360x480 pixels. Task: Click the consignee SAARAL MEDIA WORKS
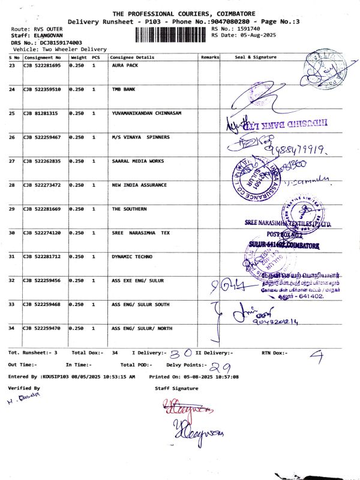[x=138, y=161]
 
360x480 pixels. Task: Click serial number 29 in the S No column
[x=12, y=209]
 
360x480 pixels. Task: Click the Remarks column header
[x=211, y=56]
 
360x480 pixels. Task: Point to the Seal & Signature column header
[x=256, y=56]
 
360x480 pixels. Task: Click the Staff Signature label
[x=176, y=389]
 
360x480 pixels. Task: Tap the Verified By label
[x=24, y=389]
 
